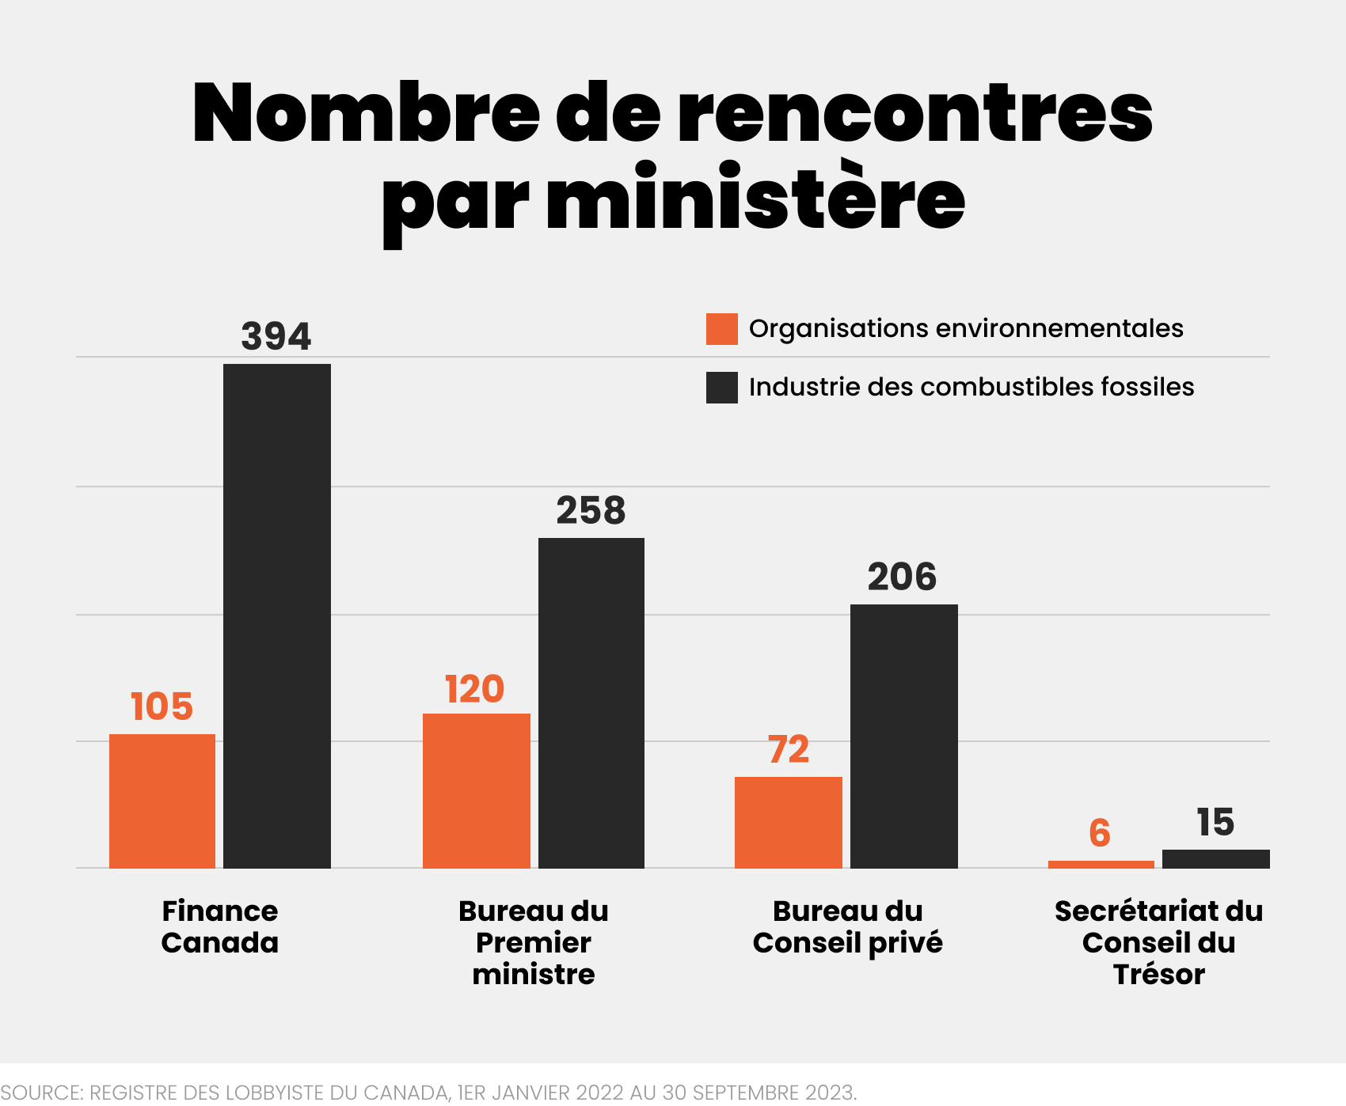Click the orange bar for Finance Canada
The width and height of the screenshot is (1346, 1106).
(x=162, y=801)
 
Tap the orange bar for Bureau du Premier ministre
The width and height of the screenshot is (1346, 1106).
(x=477, y=790)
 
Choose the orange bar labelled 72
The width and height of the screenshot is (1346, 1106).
(x=789, y=822)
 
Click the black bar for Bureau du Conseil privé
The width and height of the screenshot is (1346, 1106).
(x=904, y=736)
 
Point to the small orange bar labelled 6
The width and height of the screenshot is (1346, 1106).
(x=1101, y=865)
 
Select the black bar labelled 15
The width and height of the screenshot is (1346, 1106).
(x=1216, y=859)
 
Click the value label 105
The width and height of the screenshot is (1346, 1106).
(x=162, y=706)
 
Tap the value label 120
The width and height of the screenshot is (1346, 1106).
(x=475, y=689)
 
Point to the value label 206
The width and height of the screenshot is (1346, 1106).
(x=903, y=577)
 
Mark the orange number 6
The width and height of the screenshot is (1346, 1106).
(x=1100, y=833)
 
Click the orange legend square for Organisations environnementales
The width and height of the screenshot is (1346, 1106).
(x=722, y=329)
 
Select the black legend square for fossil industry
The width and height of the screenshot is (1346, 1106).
(x=722, y=388)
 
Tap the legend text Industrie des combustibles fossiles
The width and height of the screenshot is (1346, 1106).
(x=971, y=387)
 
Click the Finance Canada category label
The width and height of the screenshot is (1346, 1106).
(x=220, y=926)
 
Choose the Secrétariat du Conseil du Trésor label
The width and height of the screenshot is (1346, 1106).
(x=1158, y=942)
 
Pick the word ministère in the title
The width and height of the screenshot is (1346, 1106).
(x=756, y=199)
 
